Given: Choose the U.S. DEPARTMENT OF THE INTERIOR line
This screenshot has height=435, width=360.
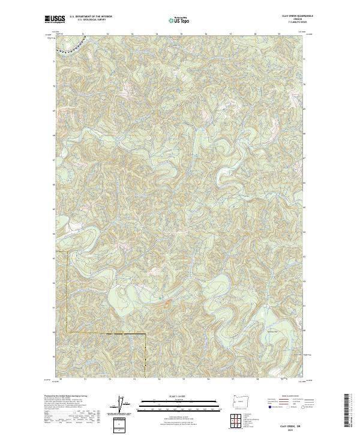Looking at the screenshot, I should pos(91,17).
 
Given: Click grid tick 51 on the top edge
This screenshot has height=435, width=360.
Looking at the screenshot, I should pos(82,34).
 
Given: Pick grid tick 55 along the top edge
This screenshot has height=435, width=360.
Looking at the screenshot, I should pos(181,34).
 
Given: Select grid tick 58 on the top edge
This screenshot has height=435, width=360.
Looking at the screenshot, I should pos(256,34).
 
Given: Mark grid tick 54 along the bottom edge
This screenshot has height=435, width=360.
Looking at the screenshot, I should pos(158,379).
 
